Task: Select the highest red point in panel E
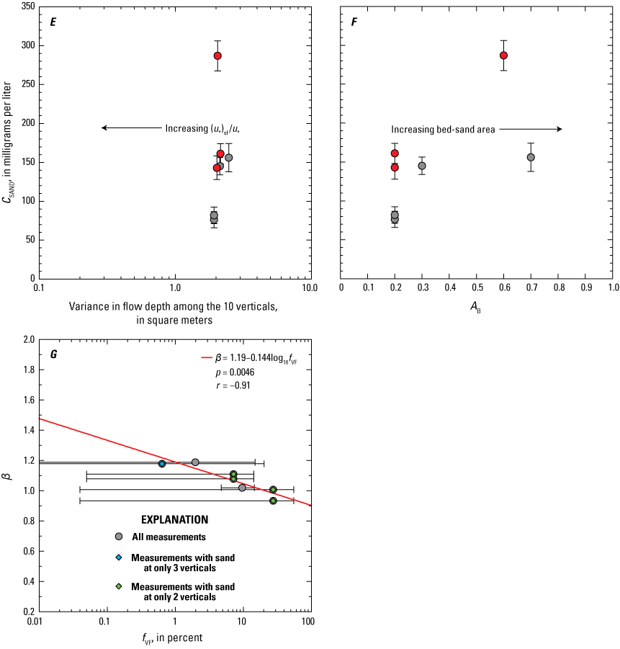(217, 55)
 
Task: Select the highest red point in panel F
(504, 55)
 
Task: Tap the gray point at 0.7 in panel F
(531, 157)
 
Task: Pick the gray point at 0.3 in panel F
(422, 166)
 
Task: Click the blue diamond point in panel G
(162, 464)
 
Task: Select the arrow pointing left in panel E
(105, 128)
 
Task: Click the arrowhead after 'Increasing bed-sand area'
(558, 129)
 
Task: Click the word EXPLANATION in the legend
(175, 519)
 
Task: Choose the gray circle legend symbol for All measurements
(119, 537)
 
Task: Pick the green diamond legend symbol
(119, 586)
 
